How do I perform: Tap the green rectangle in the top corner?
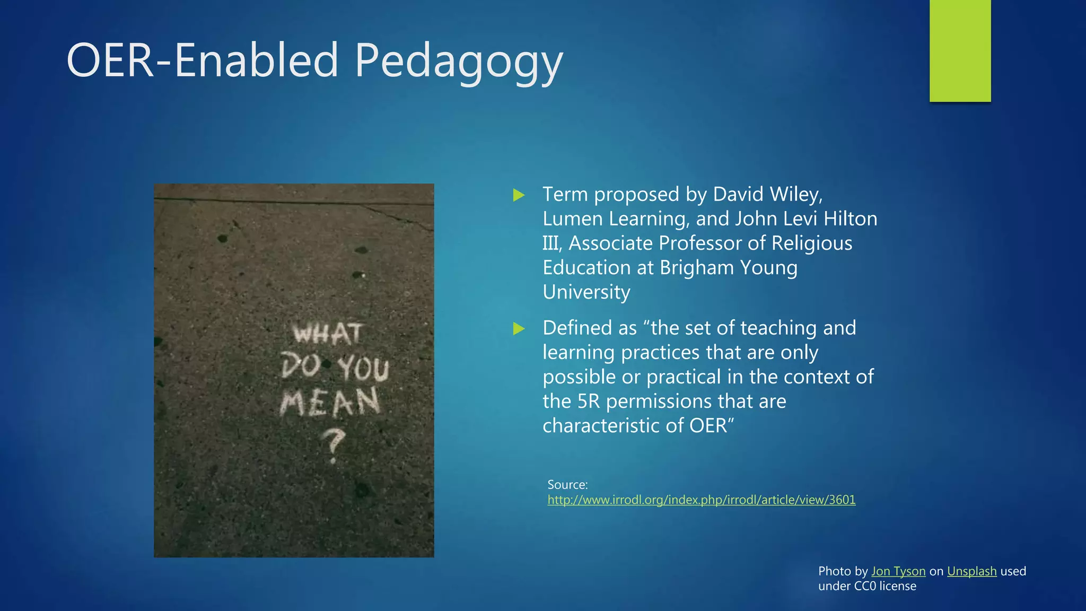[x=960, y=50]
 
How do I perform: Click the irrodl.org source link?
[x=701, y=500]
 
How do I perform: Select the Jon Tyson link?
[x=898, y=571]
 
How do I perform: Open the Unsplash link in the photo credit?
[x=971, y=571]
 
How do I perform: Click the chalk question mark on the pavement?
[x=334, y=446]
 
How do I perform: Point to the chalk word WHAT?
[x=328, y=334]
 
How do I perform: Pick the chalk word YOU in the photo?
[x=364, y=368]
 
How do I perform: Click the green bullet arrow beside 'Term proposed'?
[x=519, y=195]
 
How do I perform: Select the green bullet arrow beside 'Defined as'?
[x=519, y=329]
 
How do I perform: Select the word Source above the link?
[x=567, y=485]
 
